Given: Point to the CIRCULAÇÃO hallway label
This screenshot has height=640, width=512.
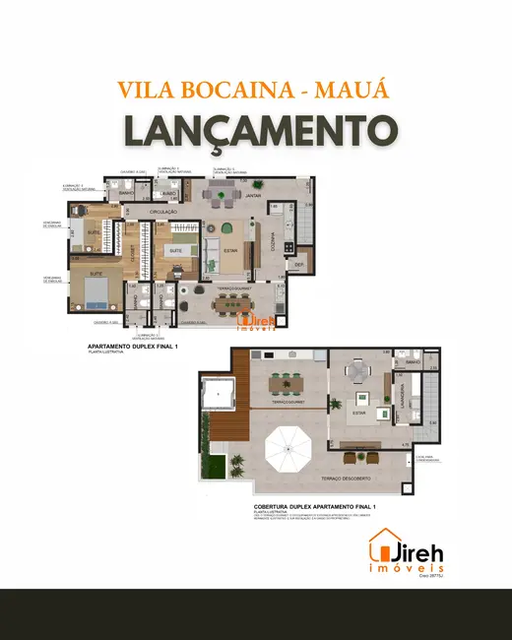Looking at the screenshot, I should point(162,212).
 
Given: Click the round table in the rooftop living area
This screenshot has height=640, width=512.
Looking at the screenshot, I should point(355,371).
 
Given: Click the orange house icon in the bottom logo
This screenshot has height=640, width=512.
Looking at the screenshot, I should point(381,545).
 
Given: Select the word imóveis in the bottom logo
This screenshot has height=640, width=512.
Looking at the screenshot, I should point(406,570).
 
